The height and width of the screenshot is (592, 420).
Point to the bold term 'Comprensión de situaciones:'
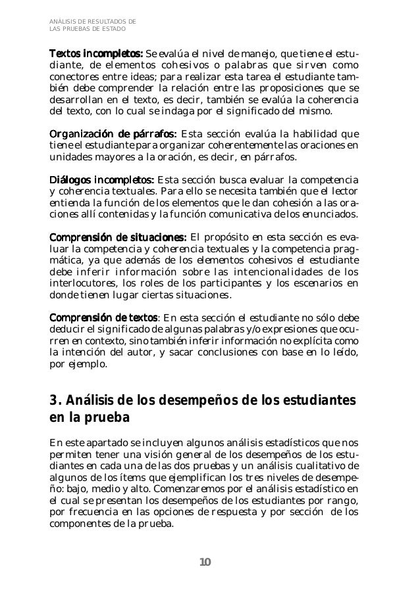coord(118,237)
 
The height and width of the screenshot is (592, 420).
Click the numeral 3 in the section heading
coord(54,401)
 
